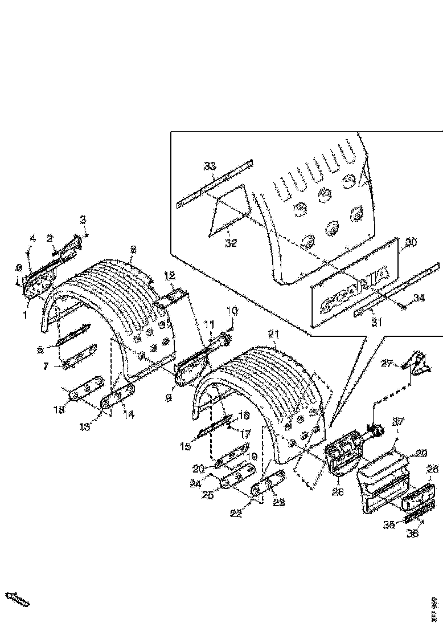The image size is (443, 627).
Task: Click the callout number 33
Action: (x=210, y=166)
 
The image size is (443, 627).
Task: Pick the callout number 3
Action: (x=83, y=219)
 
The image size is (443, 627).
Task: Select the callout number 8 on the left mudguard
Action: (x=133, y=249)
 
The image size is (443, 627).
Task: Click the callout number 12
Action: (x=169, y=276)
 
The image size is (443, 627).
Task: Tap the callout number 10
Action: (x=232, y=311)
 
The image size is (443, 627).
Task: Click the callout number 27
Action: (x=402, y=363)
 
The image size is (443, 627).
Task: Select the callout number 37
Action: (x=397, y=422)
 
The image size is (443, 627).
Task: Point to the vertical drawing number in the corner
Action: (x=434, y=608)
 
